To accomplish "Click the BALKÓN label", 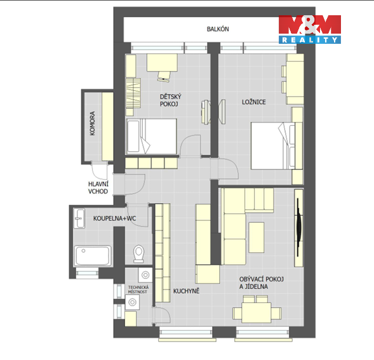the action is pyautogui.click(x=218, y=29).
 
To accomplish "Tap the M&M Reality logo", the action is pyautogui.click(x=310, y=29).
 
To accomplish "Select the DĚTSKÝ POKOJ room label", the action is pyautogui.click(x=170, y=100).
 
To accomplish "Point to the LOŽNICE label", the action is pyautogui.click(x=254, y=102).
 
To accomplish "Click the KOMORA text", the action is pyautogui.click(x=92, y=123).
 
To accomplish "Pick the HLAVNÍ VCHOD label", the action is pyautogui.click(x=98, y=187).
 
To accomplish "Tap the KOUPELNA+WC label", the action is pyautogui.click(x=114, y=218).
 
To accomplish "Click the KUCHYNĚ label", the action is pyautogui.click(x=186, y=291).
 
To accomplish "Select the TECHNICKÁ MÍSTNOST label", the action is pyautogui.click(x=138, y=290).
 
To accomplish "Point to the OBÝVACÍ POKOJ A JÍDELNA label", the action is pyautogui.click(x=262, y=283).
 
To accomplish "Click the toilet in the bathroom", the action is pyautogui.click(x=138, y=253).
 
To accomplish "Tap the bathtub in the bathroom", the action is pyautogui.click(x=93, y=256).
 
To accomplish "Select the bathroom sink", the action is pyautogui.click(x=79, y=218).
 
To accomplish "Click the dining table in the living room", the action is pyautogui.click(x=256, y=312).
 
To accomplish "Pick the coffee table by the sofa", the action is pyautogui.click(x=257, y=237).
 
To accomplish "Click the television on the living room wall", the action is pyautogui.click(x=298, y=227).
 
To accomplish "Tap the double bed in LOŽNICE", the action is pyautogui.click(x=277, y=146).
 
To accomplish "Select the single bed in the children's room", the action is pyautogui.click(x=151, y=137).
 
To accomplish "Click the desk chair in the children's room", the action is pyautogui.click(x=164, y=76).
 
